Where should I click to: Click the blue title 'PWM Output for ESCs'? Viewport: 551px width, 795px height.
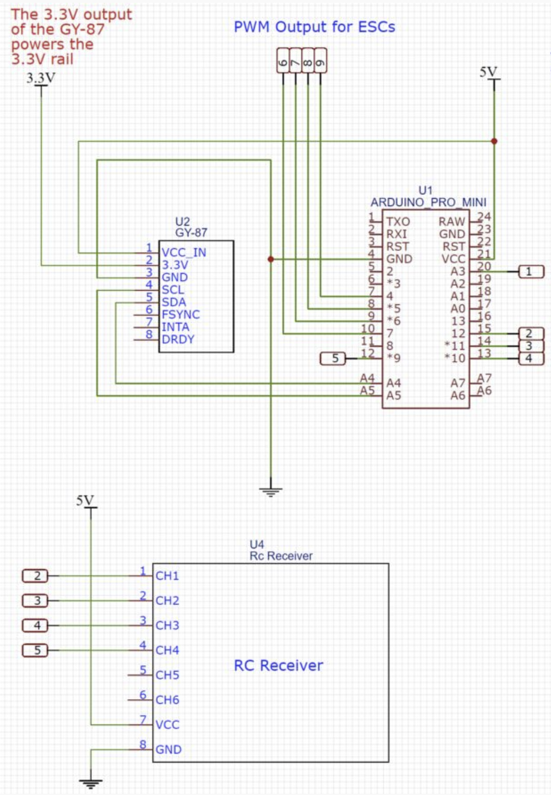pyautogui.click(x=314, y=27)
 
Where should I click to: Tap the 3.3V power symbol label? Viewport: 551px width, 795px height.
pyautogui.click(x=41, y=78)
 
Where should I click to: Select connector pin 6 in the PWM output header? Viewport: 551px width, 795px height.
pyautogui.click(x=283, y=61)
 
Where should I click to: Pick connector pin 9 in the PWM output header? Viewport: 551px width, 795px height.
pyautogui.click(x=320, y=61)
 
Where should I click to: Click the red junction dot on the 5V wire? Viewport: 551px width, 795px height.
pyautogui.click(x=494, y=141)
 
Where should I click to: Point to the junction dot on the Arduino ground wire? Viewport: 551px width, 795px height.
pyautogui.click(x=271, y=259)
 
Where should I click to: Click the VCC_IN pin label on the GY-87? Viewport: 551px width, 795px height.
pyautogui.click(x=184, y=253)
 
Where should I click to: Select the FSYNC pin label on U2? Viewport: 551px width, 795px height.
pyautogui.click(x=180, y=314)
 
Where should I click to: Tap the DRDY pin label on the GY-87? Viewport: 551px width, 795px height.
pyautogui.click(x=178, y=339)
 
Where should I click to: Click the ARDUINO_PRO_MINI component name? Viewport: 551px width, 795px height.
pyautogui.click(x=428, y=202)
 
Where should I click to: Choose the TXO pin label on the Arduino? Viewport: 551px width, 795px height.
pyautogui.click(x=398, y=221)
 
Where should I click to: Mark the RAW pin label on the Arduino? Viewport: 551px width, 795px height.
pyautogui.click(x=451, y=221)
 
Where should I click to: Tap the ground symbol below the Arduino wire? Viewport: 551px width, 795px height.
pyautogui.click(x=271, y=491)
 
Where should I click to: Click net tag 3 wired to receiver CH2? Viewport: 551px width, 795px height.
pyautogui.click(x=36, y=600)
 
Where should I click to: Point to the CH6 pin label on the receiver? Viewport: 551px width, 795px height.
pyautogui.click(x=167, y=700)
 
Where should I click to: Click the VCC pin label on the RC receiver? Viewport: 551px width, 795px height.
pyautogui.click(x=167, y=725)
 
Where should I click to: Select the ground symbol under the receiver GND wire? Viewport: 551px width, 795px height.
pyautogui.click(x=91, y=783)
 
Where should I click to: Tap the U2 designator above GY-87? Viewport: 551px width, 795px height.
pyautogui.click(x=183, y=222)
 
